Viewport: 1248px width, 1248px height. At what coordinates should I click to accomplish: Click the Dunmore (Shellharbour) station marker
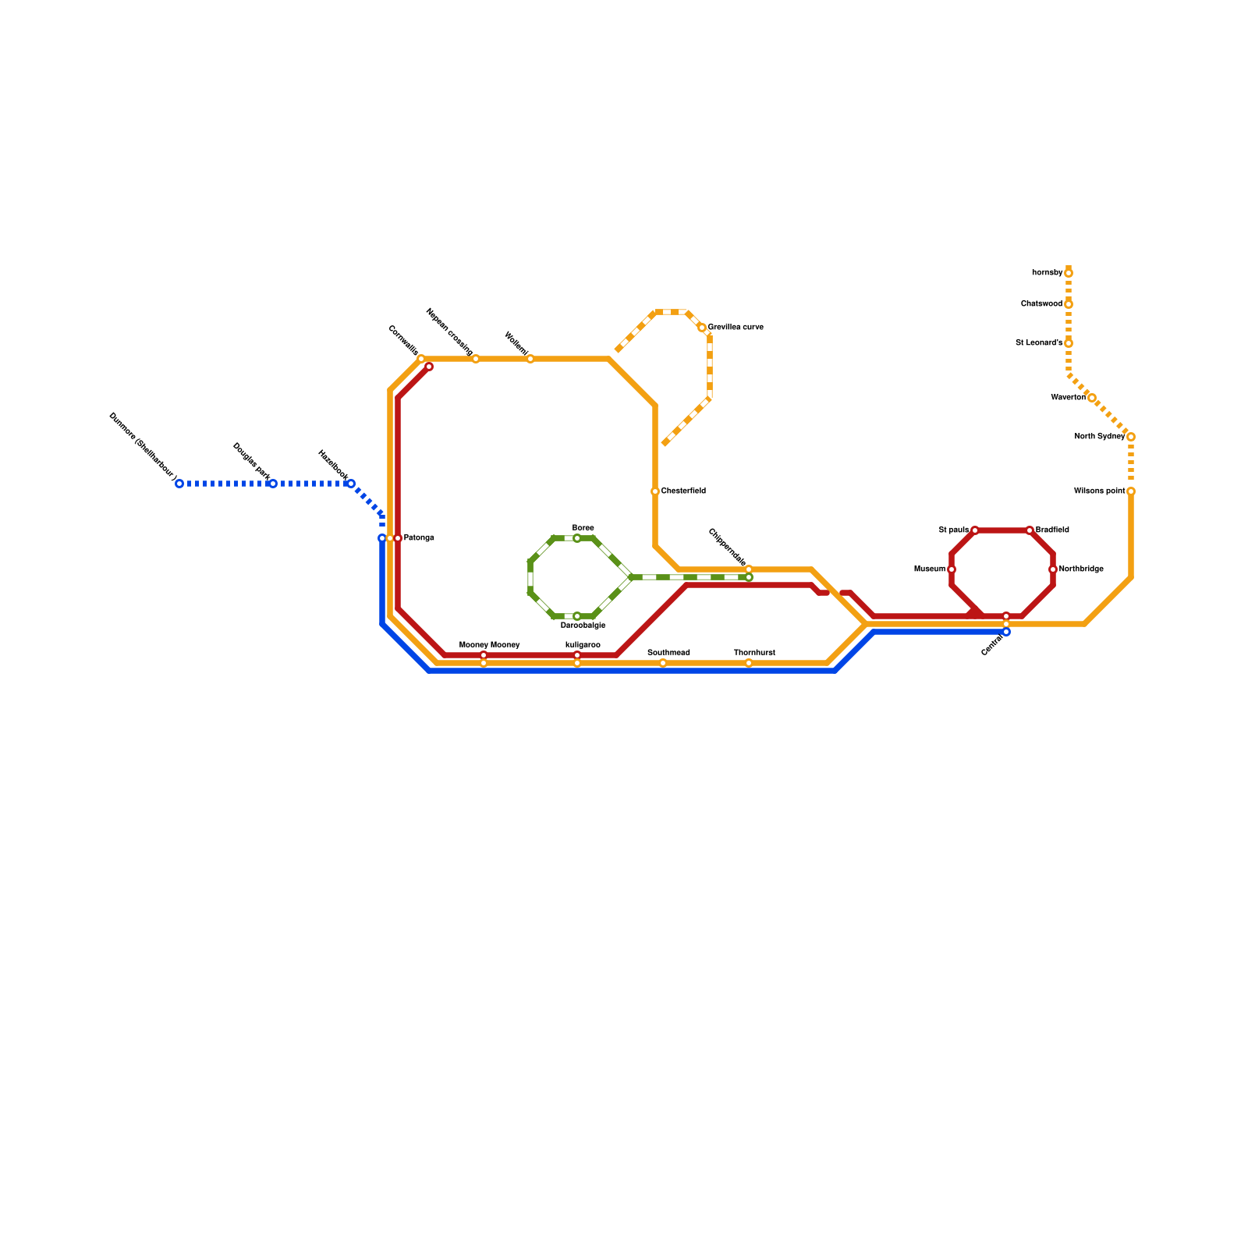tap(179, 484)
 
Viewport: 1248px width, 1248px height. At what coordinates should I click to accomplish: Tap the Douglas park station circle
tap(272, 484)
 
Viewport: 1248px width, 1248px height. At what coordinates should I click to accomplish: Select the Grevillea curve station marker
tap(702, 328)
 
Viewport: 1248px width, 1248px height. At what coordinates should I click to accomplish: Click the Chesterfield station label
tap(683, 491)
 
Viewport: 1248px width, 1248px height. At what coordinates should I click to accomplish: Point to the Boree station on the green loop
tap(577, 538)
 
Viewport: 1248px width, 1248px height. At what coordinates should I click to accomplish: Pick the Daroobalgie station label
tap(583, 626)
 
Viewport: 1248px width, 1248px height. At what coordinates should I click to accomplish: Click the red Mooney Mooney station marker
tap(484, 655)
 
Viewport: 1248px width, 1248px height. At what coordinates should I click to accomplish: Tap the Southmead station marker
tap(663, 663)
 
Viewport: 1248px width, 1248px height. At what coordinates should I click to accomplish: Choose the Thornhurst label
tap(754, 652)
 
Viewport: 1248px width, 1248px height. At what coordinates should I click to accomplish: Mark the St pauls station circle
tap(975, 530)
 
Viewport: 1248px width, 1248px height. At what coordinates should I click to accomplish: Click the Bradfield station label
tap(1052, 530)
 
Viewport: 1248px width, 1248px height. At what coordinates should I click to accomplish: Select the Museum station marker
tap(952, 569)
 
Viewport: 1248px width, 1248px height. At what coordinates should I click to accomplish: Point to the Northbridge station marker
tap(1053, 569)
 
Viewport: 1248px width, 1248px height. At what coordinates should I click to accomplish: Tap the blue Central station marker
tap(1006, 632)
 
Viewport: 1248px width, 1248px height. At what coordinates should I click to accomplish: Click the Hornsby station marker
tap(1069, 273)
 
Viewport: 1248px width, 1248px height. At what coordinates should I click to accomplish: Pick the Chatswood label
tap(1041, 304)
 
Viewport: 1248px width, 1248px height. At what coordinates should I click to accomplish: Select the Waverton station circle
tap(1092, 398)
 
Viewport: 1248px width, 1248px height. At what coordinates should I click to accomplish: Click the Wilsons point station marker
tap(1131, 491)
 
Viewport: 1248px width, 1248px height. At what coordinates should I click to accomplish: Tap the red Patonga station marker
tap(398, 538)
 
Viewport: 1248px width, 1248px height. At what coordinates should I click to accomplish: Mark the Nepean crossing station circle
tap(476, 359)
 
